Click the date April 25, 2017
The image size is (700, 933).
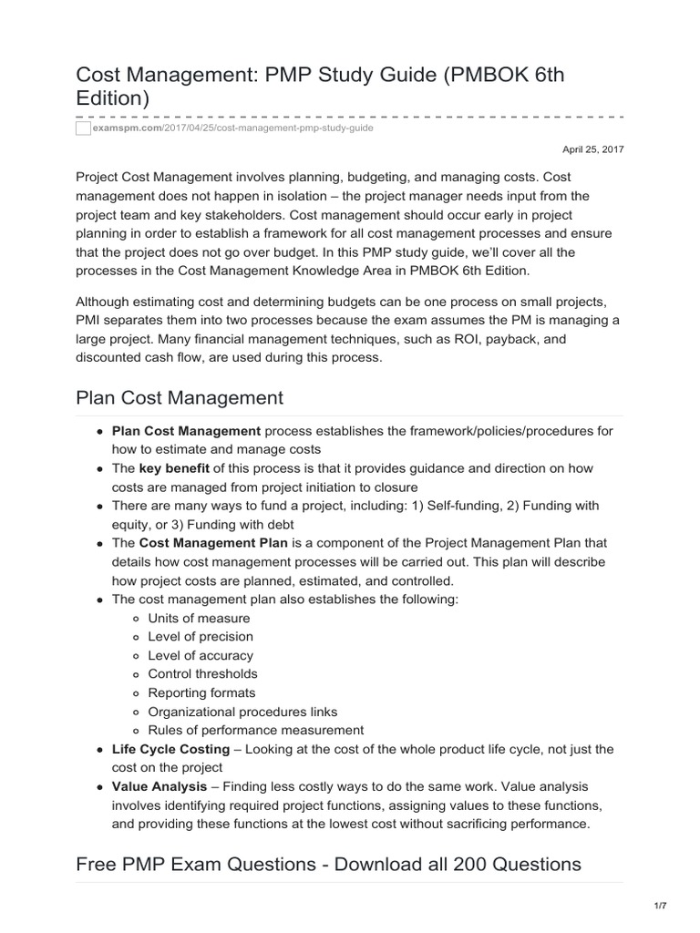pyautogui.click(x=592, y=149)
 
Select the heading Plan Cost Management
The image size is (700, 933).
pyautogui.click(x=180, y=398)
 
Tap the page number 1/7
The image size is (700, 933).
pyautogui.click(x=660, y=906)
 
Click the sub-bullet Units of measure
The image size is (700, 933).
pyautogui.click(x=199, y=618)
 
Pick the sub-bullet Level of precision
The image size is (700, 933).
pyautogui.click(x=201, y=637)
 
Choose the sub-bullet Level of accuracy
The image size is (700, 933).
pyautogui.click(x=201, y=655)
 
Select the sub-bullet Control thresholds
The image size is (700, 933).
pyautogui.click(x=202, y=674)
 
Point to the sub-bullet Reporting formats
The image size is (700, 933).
pyautogui.click(x=201, y=692)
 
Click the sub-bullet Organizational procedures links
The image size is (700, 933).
pyautogui.click(x=242, y=712)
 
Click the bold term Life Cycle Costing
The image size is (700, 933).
pyautogui.click(x=170, y=749)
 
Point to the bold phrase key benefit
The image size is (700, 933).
pyautogui.click(x=174, y=468)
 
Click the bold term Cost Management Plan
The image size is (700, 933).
pyautogui.click(x=213, y=543)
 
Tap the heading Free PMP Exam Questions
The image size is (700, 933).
pyautogui.click(x=329, y=864)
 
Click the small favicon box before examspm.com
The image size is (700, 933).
pyautogui.click(x=84, y=128)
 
